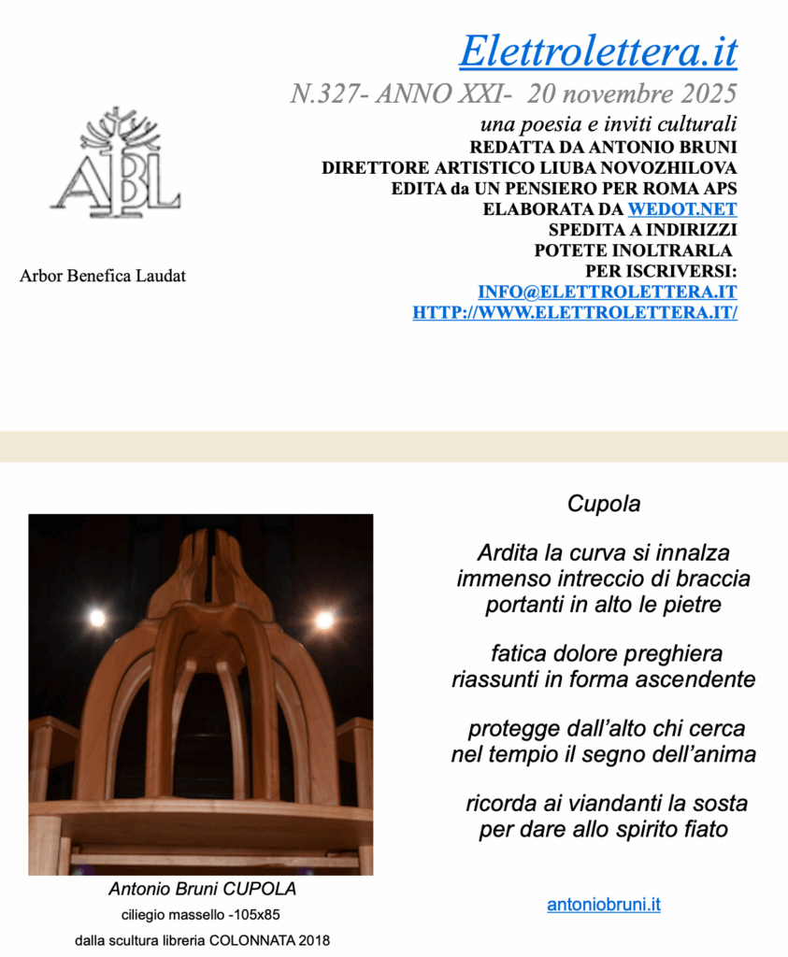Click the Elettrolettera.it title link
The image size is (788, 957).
[597, 50]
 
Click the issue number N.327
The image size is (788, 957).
[323, 94]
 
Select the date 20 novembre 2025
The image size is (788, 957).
[632, 94]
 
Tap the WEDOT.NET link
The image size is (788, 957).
[681, 209]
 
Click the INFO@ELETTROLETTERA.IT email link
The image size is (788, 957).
[607, 292]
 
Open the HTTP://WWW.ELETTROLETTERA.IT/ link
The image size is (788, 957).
[574, 313]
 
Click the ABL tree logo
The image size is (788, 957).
[116, 164]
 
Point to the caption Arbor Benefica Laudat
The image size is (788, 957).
[103, 277]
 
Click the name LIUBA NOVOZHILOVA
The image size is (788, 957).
[645, 168]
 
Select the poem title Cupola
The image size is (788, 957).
[604, 504]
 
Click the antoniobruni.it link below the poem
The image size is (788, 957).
[603, 905]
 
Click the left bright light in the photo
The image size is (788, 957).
[96, 618]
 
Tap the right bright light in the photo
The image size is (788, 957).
[324, 620]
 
